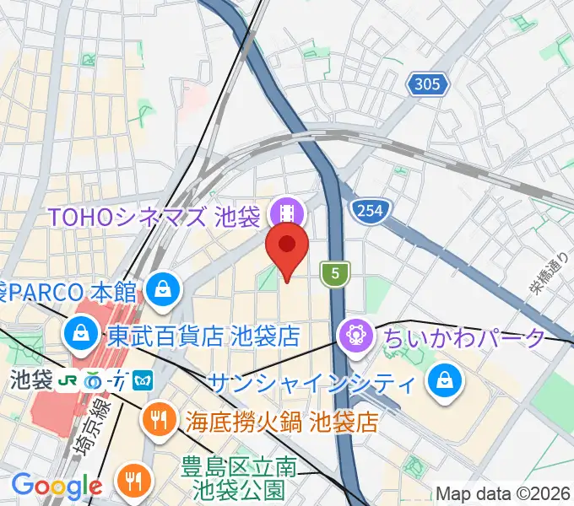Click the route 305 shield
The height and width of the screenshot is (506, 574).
(x=426, y=83)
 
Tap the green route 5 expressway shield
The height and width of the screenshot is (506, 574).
(x=335, y=272)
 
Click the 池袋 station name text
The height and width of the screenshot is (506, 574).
(x=29, y=380)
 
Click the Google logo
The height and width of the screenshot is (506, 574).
(x=57, y=486)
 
